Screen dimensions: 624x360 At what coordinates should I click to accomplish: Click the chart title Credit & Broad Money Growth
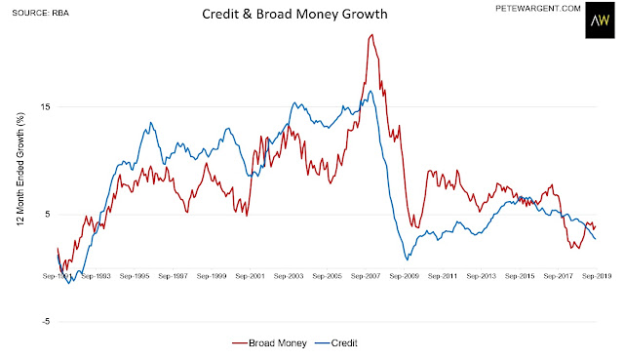pyautogui.click(x=294, y=14)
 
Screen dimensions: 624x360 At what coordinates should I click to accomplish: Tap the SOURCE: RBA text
pyautogui.click(x=41, y=13)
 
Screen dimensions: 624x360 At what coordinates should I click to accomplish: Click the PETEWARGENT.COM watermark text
pyautogui.click(x=537, y=9)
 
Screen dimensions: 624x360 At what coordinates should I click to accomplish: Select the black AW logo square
pyautogui.click(x=600, y=20)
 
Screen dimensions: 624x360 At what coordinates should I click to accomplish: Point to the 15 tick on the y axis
pyautogui.click(x=45, y=106)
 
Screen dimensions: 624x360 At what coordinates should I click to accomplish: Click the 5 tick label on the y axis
pyautogui.click(x=48, y=215)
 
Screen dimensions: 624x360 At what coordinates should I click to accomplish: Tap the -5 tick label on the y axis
pyautogui.click(x=46, y=321)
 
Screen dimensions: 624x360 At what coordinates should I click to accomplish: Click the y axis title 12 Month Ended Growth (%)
pyautogui.click(x=20, y=169)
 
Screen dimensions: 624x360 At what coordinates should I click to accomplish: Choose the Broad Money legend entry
pyautogui.click(x=269, y=342)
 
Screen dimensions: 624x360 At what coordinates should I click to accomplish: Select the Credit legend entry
pyautogui.click(x=336, y=342)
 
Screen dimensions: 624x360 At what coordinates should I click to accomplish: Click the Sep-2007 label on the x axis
pyautogui.click(x=366, y=276)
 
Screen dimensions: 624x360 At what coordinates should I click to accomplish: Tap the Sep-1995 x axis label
pyautogui.click(x=135, y=276)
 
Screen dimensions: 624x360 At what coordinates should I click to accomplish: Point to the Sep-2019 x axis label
pyautogui.click(x=597, y=276)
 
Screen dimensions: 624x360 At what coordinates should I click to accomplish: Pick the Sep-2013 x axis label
pyautogui.click(x=481, y=276)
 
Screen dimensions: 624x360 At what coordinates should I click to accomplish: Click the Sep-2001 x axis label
pyautogui.click(x=250, y=276)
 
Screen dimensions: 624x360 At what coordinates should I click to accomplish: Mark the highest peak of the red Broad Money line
pyautogui.click(x=372, y=35)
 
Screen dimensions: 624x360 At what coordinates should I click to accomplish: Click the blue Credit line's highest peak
pyautogui.click(x=370, y=91)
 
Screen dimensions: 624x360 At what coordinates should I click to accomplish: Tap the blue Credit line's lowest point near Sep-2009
pyautogui.click(x=408, y=260)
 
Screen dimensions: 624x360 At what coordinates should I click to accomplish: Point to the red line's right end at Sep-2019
pyautogui.click(x=596, y=226)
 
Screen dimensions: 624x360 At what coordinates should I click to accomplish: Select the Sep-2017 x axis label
pyautogui.click(x=558, y=276)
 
